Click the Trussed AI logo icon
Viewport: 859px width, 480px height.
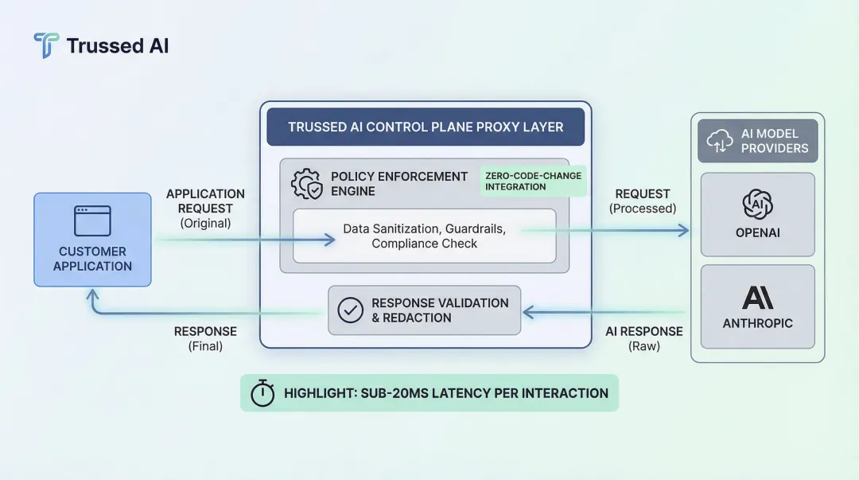click(46, 45)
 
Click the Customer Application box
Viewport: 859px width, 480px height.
click(92, 240)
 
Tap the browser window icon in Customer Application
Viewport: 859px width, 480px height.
click(92, 220)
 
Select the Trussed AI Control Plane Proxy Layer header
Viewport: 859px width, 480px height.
click(426, 127)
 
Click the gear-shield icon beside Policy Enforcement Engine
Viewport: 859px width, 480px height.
click(307, 183)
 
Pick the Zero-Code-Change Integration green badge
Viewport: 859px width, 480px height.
click(534, 181)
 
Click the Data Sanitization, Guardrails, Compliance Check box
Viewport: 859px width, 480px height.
click(424, 236)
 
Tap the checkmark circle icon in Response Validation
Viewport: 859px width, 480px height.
click(350, 310)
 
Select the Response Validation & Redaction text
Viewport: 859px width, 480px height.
click(440, 310)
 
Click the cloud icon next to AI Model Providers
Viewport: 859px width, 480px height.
click(720, 141)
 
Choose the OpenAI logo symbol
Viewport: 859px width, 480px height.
click(757, 204)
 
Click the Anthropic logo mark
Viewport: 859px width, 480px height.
click(757, 297)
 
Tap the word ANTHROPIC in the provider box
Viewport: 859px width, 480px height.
click(757, 324)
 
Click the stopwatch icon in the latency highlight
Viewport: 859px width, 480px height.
click(262, 393)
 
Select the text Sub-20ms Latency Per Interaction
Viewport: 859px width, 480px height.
click(445, 393)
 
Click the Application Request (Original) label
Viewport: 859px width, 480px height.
click(205, 209)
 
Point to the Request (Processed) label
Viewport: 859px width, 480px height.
click(643, 201)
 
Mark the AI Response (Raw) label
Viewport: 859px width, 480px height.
click(644, 338)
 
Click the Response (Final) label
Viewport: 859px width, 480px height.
click(205, 338)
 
